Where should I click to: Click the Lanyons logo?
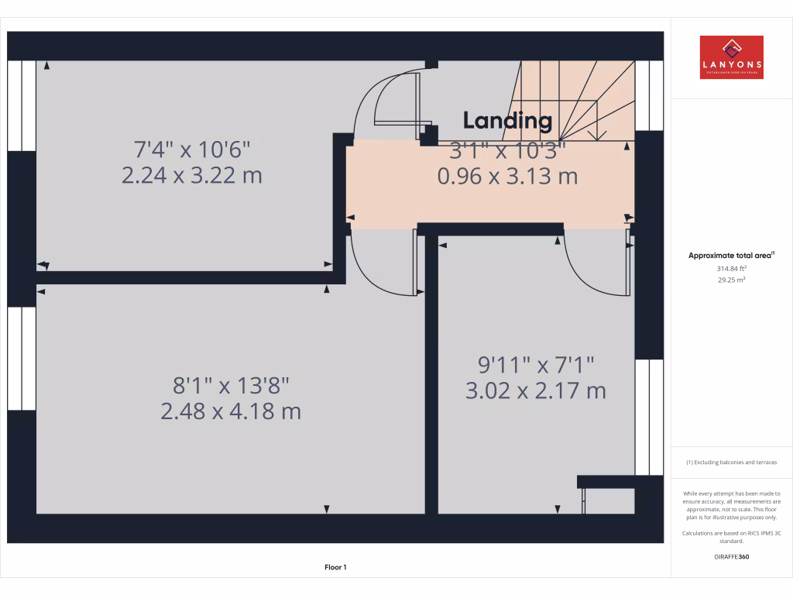coord(731,57)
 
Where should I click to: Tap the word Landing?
coord(507,120)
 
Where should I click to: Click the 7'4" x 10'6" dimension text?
coord(192,148)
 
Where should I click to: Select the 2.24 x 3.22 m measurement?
coord(192,175)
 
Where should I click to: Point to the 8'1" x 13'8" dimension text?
coord(231,384)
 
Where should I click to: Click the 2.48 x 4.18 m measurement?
coord(231,411)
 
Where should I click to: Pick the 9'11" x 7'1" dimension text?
coord(535,363)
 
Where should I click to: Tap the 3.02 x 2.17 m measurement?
coord(535,390)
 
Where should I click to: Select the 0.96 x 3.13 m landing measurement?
coord(507,177)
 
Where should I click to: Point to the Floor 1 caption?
coord(335,567)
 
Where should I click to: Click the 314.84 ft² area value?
coord(731,268)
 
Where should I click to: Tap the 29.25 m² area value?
coord(731,280)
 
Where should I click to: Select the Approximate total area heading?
coord(731,255)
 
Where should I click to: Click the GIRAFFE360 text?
coord(731,556)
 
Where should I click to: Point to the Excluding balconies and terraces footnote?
coord(731,463)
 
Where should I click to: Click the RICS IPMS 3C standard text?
coord(731,537)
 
